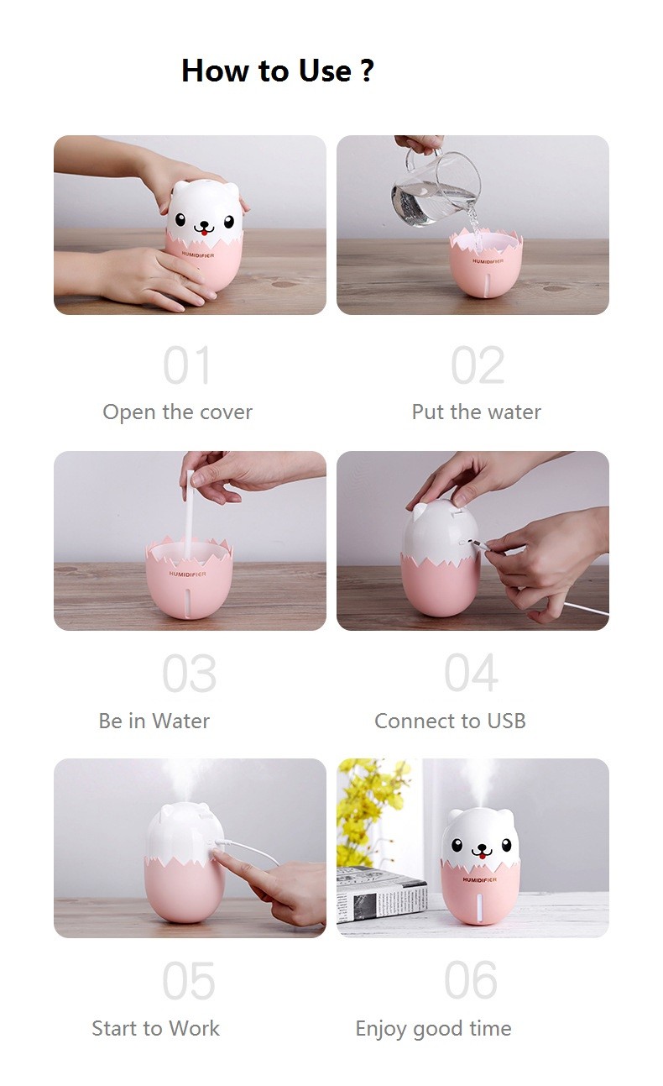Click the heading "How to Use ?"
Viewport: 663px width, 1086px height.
[x=278, y=71]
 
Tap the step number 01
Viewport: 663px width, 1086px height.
[x=187, y=365]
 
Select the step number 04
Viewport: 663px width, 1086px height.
[x=471, y=673]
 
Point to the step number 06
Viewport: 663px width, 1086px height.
[x=471, y=980]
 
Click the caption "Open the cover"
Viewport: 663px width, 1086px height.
[x=177, y=412]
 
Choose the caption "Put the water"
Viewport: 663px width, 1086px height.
[x=476, y=412]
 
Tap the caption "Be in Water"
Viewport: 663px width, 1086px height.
[x=154, y=721]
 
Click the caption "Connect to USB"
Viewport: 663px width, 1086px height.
[x=450, y=721]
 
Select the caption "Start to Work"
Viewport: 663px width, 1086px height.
[x=156, y=1028]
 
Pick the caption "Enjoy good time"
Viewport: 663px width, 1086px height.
[x=433, y=1029]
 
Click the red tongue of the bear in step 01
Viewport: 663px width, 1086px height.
[x=205, y=233]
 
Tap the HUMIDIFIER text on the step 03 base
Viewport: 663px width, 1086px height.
[x=188, y=574]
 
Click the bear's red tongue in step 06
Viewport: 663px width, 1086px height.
[x=482, y=858]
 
